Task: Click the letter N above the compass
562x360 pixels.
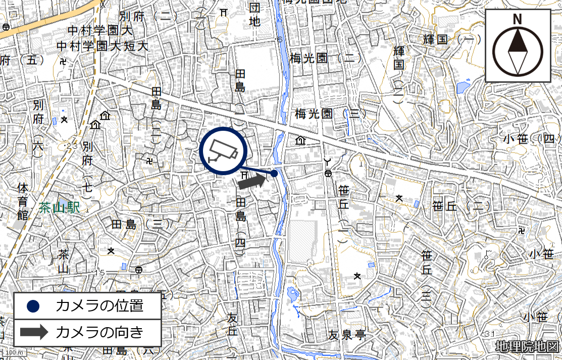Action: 518,20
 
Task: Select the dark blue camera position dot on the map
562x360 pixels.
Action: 274,173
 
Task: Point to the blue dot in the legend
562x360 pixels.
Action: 33,306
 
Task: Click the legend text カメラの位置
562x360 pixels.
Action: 99,306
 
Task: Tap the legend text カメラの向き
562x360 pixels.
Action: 99,332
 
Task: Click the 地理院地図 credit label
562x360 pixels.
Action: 527,347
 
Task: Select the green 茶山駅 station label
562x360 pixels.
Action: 59,208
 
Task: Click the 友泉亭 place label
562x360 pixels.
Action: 346,335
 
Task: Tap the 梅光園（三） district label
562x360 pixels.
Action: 331,114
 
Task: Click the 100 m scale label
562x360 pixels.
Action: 10,352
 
